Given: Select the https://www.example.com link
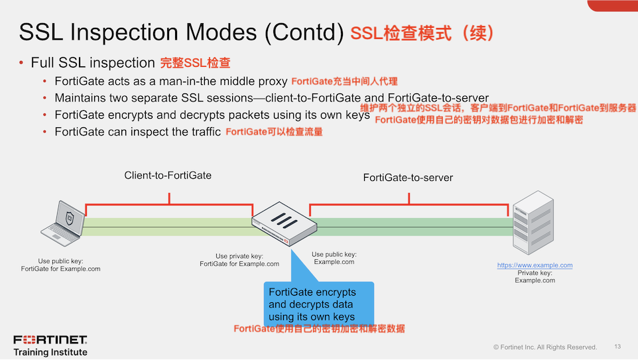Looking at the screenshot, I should tap(535, 265).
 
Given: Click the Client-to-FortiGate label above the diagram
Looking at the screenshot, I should tap(168, 176).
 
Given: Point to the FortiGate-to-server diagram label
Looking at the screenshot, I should tap(408, 178).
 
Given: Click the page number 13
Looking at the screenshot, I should tap(617, 347).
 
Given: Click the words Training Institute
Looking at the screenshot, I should tap(50, 352).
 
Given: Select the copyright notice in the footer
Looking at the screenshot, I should tap(544, 347).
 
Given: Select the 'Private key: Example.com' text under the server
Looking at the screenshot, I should tap(535, 276).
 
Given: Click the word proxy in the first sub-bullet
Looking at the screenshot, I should tap(272, 81).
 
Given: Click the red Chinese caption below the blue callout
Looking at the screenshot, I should tap(319, 329).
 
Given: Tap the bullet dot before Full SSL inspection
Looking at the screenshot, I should tap(21, 63).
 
